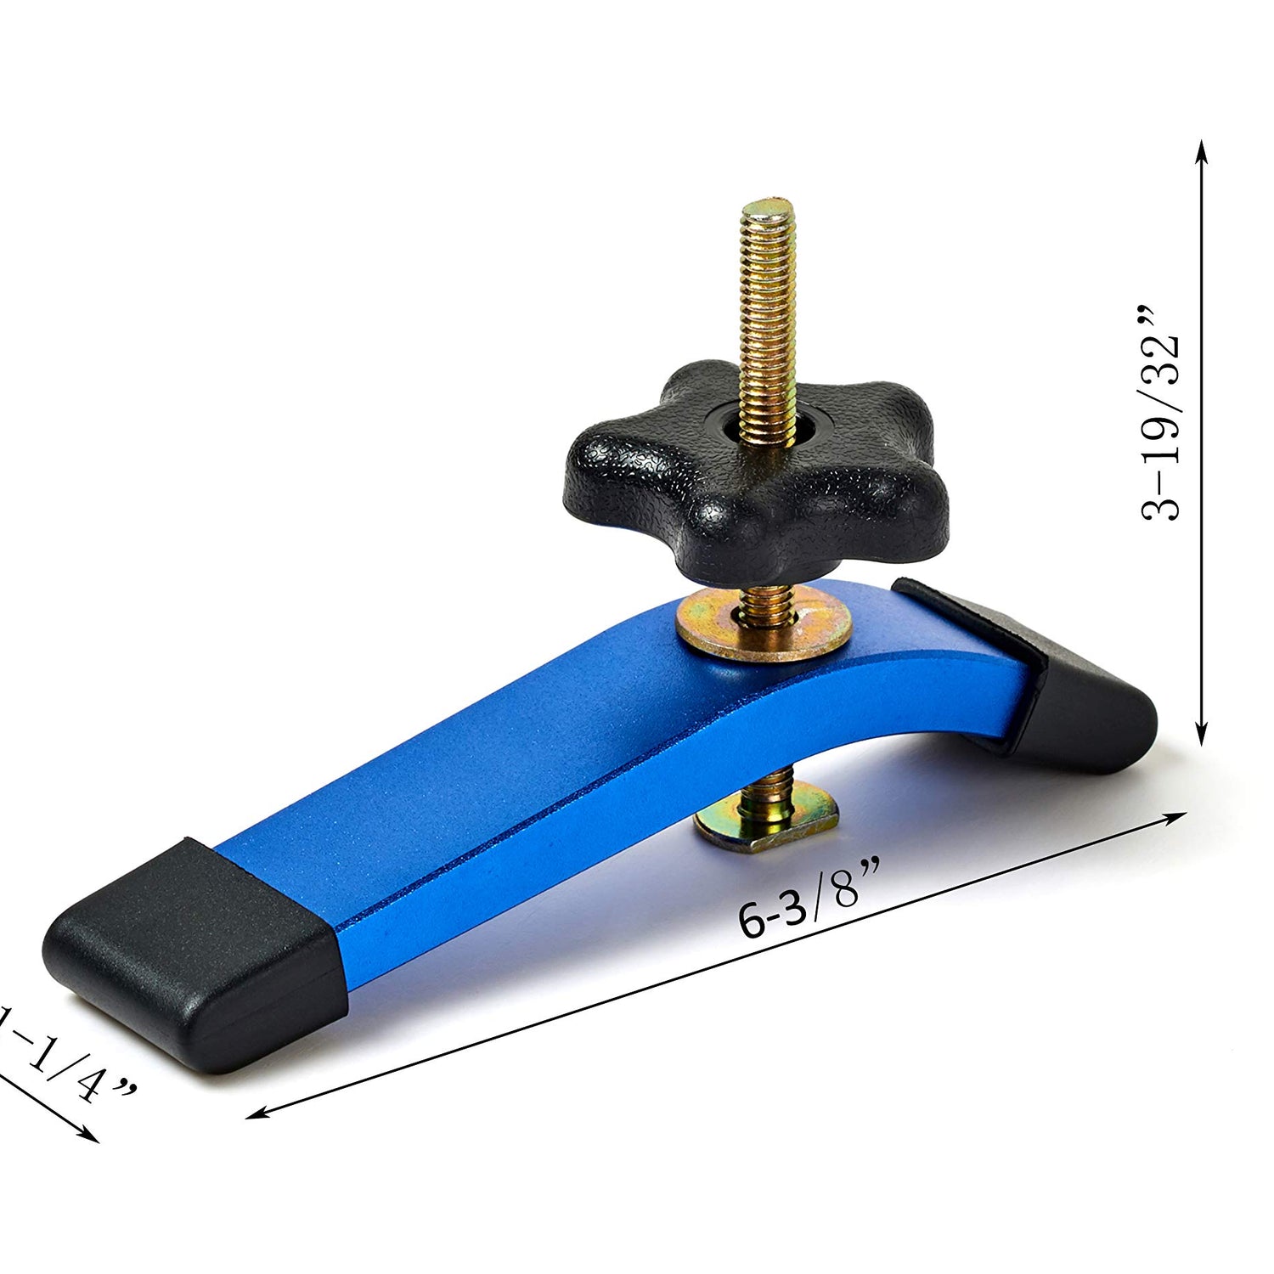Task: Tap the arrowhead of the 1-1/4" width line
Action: tap(92, 1138)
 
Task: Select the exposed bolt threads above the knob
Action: tap(768, 314)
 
